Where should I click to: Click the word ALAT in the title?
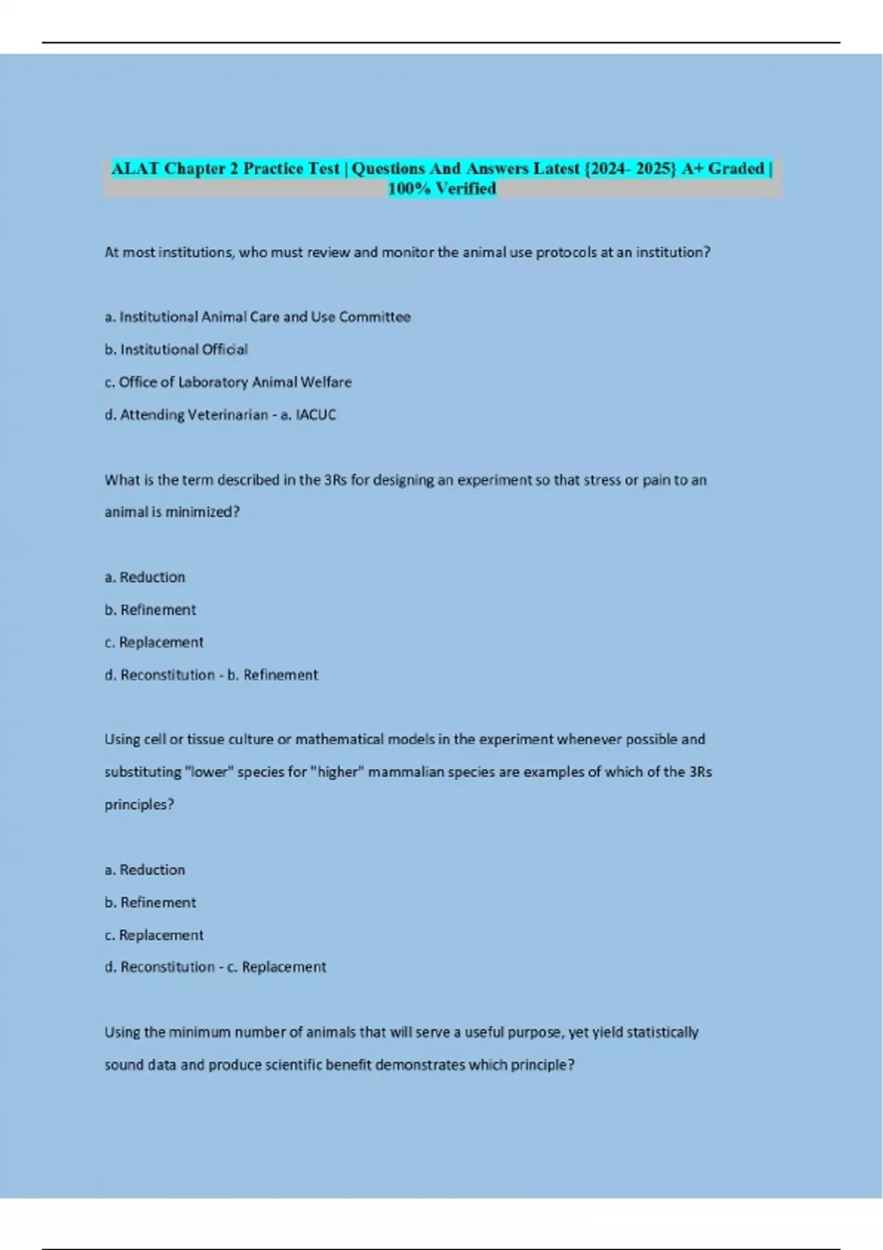(135, 168)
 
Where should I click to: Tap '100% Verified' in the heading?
(441, 189)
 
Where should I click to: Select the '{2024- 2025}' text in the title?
(630, 168)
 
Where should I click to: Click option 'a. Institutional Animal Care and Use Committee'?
(258, 317)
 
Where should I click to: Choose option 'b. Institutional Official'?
(176, 349)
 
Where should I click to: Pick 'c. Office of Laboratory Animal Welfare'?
(228, 382)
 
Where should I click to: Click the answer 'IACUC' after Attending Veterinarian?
(316, 415)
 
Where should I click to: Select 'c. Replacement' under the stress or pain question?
(154, 642)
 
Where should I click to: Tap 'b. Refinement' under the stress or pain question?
(150, 610)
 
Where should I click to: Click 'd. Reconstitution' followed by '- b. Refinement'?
(160, 675)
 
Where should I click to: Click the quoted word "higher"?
(338, 772)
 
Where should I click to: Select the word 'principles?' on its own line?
(139, 804)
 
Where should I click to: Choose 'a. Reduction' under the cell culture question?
(145, 870)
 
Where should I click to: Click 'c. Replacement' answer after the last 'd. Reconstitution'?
(284, 967)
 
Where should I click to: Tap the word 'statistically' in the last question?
(659, 1032)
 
